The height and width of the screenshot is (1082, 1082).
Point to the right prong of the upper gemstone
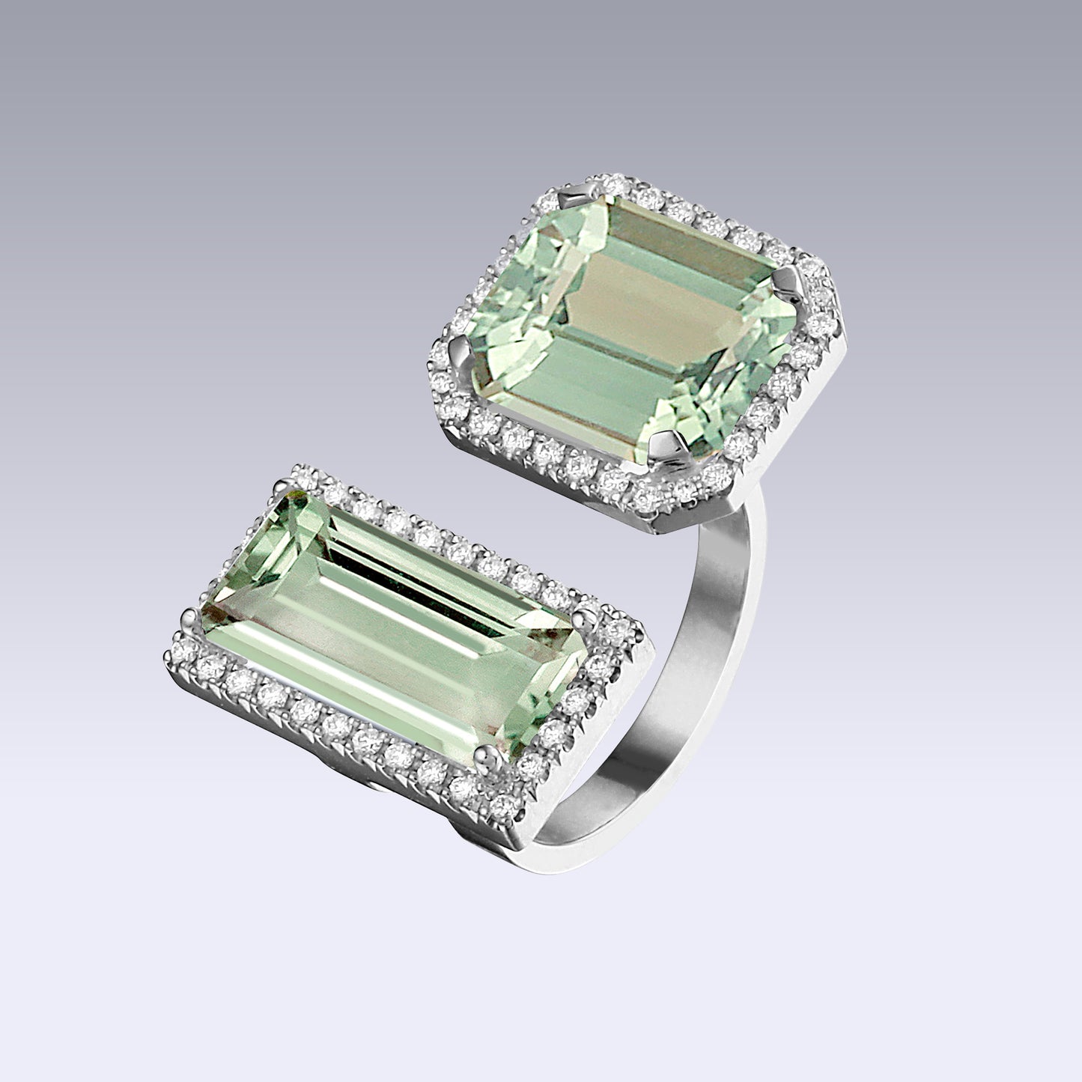(x=795, y=283)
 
